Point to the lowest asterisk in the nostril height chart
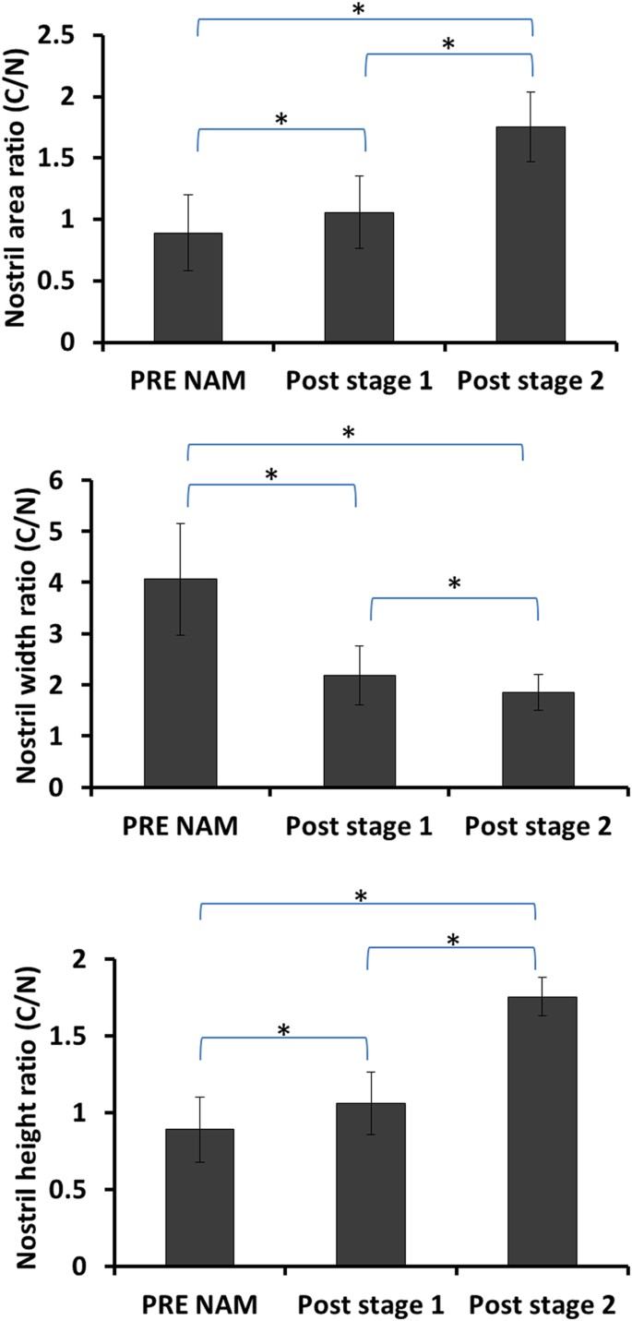[283, 1029]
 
